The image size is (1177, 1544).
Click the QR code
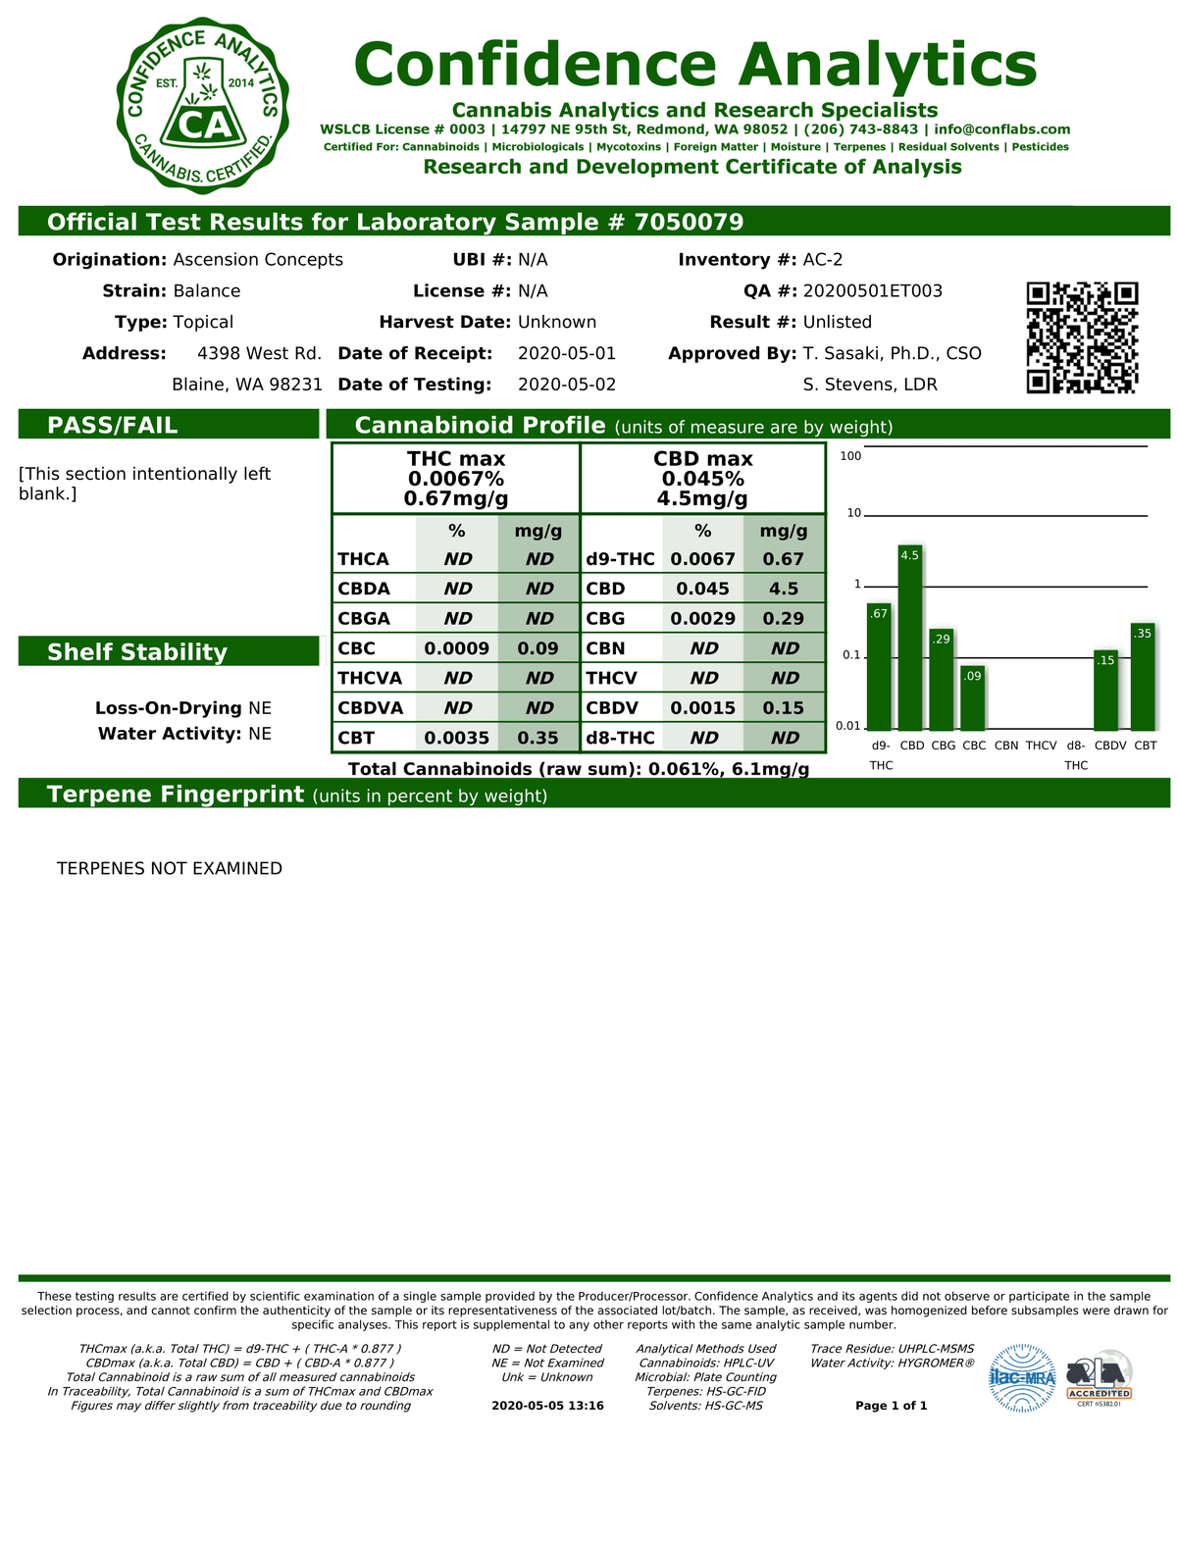tap(1082, 337)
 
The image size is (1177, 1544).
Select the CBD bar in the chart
tap(910, 638)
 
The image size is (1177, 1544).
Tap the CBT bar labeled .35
tap(1143, 676)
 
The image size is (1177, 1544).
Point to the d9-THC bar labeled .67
tap(879, 667)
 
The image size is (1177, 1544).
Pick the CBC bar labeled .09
tap(973, 697)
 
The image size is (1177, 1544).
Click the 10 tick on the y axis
tap(853, 513)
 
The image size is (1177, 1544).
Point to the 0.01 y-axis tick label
tap(847, 726)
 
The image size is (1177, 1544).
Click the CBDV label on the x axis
tap(1110, 746)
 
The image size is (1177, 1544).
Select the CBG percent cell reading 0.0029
tap(702, 619)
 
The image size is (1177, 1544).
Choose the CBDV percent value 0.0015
tap(702, 708)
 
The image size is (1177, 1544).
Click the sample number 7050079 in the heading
tap(689, 222)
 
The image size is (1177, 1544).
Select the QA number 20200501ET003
tap(872, 291)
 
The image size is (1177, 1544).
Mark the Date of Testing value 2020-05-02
tap(567, 385)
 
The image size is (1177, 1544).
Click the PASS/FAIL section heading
tap(113, 425)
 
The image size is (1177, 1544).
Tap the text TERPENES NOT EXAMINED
tap(170, 868)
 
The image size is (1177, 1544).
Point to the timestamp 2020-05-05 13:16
tap(547, 1406)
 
